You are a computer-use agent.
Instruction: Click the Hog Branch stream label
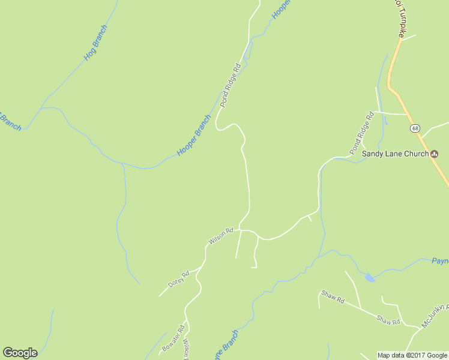pyautogui.click(x=96, y=43)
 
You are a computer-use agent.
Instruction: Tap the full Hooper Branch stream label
pyautogui.click(x=194, y=135)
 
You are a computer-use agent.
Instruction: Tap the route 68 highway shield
pyautogui.click(x=415, y=128)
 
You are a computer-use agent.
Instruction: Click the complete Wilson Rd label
pyautogui.click(x=220, y=236)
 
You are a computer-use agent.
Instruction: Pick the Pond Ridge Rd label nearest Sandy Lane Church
pyautogui.click(x=362, y=132)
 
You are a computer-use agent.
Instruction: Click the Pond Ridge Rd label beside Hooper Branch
pyautogui.click(x=230, y=85)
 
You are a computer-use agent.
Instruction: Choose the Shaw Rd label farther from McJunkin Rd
pyautogui.click(x=333, y=296)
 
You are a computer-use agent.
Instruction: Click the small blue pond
pyautogui.click(x=370, y=277)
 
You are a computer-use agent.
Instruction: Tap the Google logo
pyautogui.click(x=20, y=353)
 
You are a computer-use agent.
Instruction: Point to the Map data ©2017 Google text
pyautogui.click(x=412, y=355)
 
